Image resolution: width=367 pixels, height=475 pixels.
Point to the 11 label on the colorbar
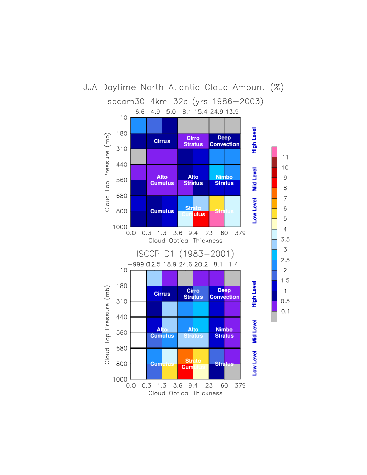tap(285, 157)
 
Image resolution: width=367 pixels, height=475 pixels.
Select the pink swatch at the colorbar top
tap(275, 152)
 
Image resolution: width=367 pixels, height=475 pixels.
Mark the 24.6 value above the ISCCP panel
tap(186, 264)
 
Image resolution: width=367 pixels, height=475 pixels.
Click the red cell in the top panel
tap(201, 218)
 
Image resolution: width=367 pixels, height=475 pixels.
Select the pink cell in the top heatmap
tap(217, 218)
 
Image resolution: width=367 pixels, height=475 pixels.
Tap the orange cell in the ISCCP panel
tap(186, 356)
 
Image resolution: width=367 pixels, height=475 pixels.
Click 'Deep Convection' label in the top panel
tap(224, 141)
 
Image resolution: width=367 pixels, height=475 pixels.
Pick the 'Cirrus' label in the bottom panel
tap(162, 294)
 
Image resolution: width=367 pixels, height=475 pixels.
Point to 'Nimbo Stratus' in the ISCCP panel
tap(224, 333)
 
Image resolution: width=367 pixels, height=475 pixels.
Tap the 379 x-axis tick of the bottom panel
tap(240, 386)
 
